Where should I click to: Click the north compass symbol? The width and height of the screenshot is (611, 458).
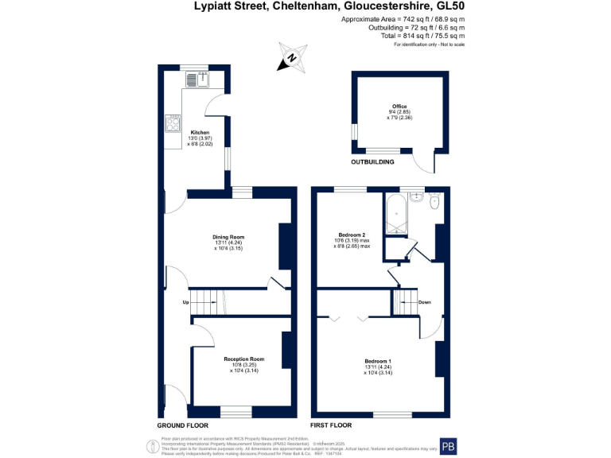pyautogui.click(x=292, y=56)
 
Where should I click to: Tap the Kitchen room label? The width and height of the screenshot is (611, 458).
pyautogui.click(x=200, y=132)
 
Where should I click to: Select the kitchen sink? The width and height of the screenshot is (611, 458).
pyautogui.click(x=196, y=78)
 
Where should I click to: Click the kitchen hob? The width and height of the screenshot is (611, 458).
pyautogui.click(x=173, y=122)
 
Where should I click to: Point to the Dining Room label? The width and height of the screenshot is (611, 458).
pyautogui.click(x=228, y=237)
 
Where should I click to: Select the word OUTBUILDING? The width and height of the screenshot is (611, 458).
pyautogui.click(x=373, y=162)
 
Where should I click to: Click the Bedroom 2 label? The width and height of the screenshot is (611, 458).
pyautogui.click(x=352, y=235)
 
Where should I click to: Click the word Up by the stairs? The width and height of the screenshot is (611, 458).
pyautogui.click(x=186, y=302)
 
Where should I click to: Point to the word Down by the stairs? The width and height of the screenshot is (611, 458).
pyautogui.click(x=425, y=302)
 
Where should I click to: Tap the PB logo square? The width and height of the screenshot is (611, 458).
pyautogui.click(x=449, y=446)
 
